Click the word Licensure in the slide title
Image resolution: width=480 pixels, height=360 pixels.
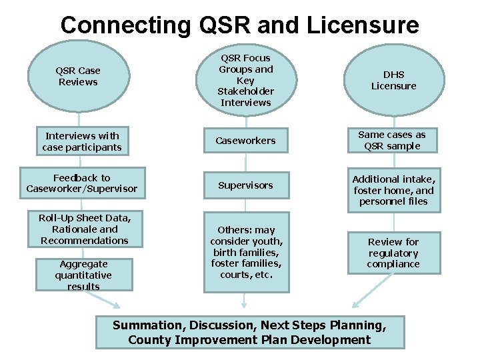pyautogui.click(x=363, y=25)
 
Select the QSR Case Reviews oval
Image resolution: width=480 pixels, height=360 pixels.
pyautogui.click(x=78, y=77)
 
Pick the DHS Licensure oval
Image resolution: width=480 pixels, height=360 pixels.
pyautogui.click(x=393, y=80)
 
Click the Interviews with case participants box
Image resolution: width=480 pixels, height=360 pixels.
pyautogui.click(x=82, y=141)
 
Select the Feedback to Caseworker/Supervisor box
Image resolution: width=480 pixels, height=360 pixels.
pyautogui.click(x=82, y=183)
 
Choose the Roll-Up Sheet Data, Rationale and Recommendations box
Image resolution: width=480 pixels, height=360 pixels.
pyautogui.click(x=84, y=229)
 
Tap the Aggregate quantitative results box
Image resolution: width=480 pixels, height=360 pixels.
pyautogui.click(x=84, y=275)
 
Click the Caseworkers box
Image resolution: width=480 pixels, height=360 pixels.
pyautogui.click(x=245, y=141)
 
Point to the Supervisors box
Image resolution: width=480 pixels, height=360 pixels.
pyautogui.click(x=245, y=185)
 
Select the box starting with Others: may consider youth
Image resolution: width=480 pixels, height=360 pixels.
pyautogui.click(x=247, y=252)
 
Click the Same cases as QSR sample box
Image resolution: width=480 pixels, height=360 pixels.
pyautogui.click(x=393, y=140)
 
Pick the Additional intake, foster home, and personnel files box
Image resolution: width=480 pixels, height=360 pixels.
pyautogui.click(x=393, y=190)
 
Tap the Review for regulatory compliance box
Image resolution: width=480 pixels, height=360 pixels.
pyautogui.click(x=393, y=253)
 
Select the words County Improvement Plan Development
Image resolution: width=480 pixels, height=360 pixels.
pyautogui.click(x=249, y=340)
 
